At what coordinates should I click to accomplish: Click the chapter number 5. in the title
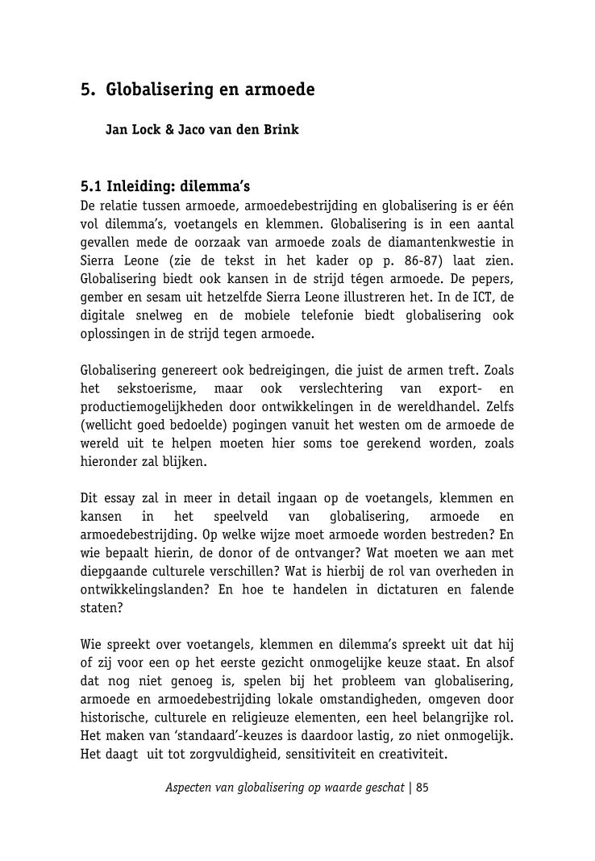click(x=88, y=89)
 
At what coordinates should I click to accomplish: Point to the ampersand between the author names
click(x=170, y=129)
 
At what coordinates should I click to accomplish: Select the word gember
click(x=101, y=297)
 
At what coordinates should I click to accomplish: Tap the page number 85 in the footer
click(x=422, y=788)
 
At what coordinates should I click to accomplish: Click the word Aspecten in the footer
click(x=188, y=788)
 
